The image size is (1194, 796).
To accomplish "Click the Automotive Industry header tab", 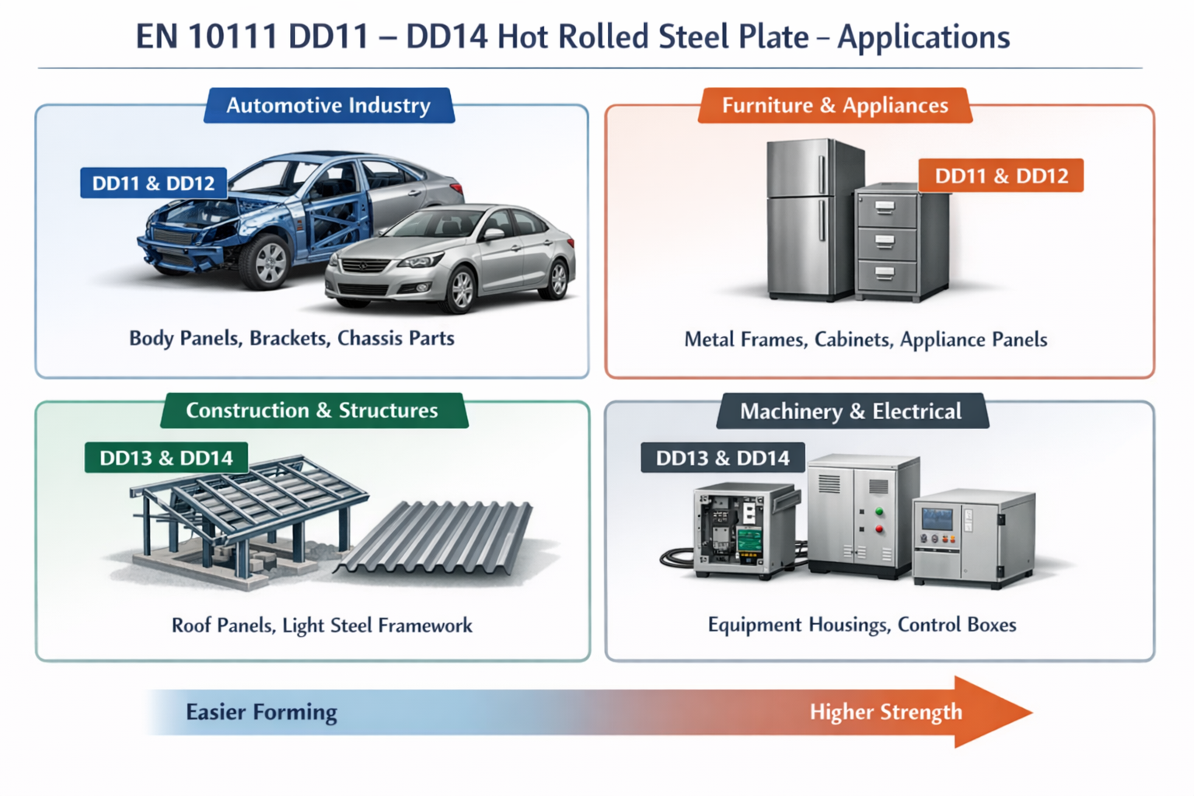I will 328,106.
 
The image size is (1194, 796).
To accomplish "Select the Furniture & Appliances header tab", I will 835,106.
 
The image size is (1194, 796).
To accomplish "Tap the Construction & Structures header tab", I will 312,410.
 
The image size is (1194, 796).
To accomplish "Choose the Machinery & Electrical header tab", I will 850,411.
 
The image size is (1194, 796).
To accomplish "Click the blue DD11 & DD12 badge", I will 153,183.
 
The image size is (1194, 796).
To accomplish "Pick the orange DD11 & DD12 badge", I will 1001,176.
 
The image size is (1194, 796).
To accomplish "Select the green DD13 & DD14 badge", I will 166,458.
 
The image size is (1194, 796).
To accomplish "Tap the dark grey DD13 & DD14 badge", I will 722,458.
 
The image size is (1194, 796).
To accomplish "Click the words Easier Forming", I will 261,712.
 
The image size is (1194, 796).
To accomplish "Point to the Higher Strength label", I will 885,712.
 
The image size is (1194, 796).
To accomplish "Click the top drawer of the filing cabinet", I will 885,208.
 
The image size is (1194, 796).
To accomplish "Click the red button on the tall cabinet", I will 880,529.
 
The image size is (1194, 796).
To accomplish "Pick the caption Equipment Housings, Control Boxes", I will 862,625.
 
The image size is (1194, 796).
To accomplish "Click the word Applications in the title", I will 923,37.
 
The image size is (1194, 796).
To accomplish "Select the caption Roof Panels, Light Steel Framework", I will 322,626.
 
